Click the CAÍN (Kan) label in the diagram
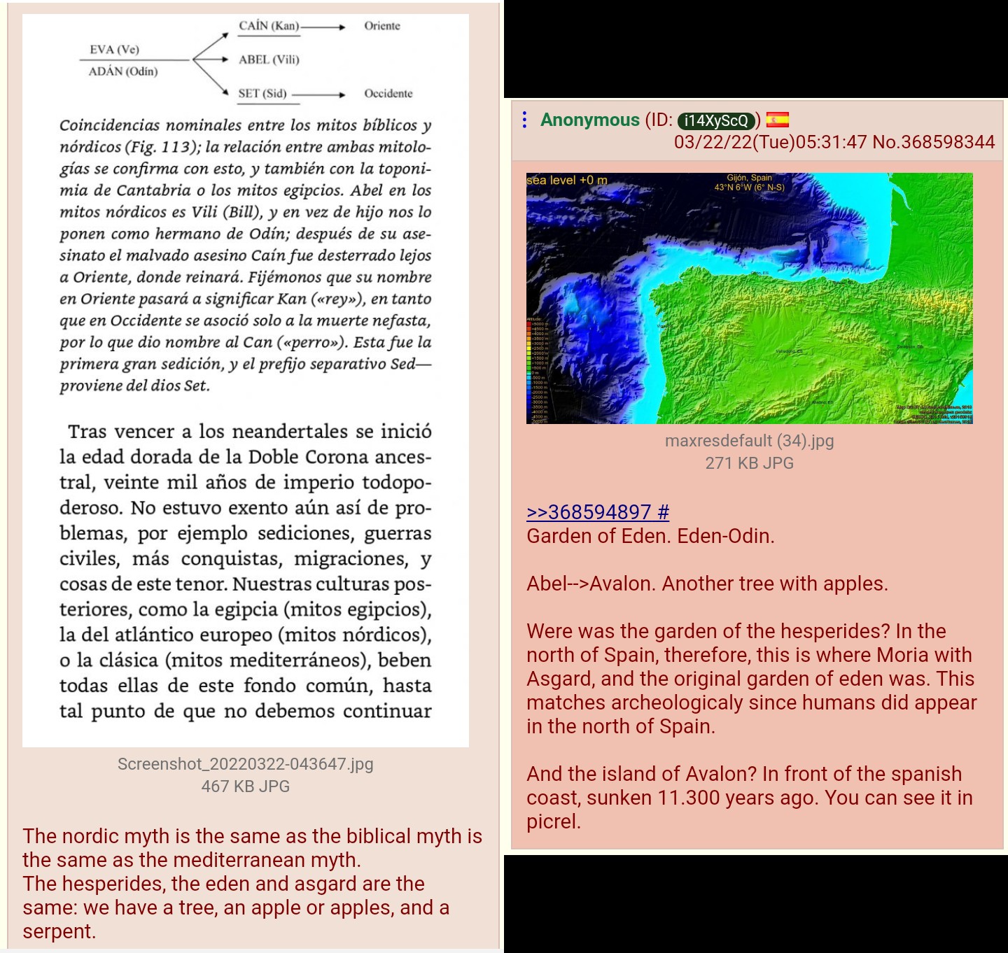(269, 26)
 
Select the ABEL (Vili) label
(269, 59)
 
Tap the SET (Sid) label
(262, 93)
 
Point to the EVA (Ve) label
(114, 49)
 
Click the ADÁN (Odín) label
(123, 71)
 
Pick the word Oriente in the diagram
(382, 26)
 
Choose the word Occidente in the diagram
(388, 93)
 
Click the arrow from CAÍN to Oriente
(323, 27)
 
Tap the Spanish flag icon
(777, 120)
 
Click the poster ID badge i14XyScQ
(716, 120)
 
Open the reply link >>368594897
(597, 512)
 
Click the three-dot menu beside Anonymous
(524, 120)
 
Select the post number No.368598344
(934, 142)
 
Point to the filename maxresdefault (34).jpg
(749, 441)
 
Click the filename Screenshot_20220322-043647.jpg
(245, 764)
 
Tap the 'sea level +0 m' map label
(567, 181)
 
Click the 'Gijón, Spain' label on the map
(749, 178)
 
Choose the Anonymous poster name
(589, 120)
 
